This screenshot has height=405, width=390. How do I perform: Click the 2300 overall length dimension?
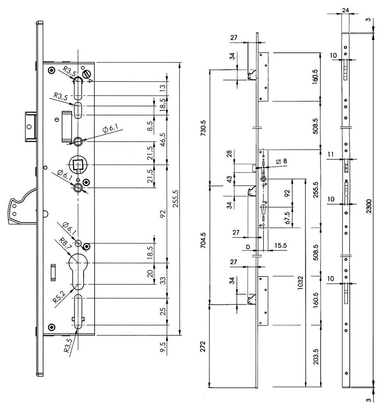click(369, 205)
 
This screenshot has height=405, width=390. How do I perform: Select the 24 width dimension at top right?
click(345, 11)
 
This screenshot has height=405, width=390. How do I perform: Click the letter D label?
click(248, 247)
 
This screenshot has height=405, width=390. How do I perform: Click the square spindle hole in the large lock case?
click(78, 164)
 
